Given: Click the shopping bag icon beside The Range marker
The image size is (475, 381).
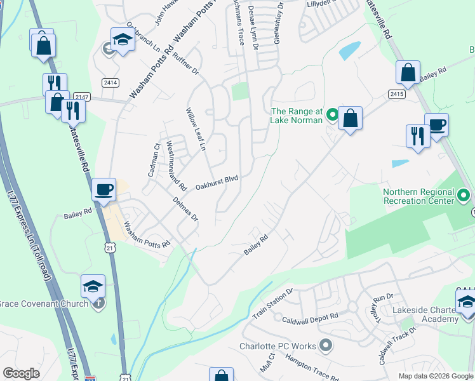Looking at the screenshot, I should pyautogui.click(x=350, y=118).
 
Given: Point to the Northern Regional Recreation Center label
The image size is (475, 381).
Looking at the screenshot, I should pyautogui.click(x=419, y=196).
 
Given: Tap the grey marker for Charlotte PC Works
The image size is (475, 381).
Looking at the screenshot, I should pyautogui.click(x=326, y=346).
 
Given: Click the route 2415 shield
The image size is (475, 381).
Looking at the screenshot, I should pyautogui.click(x=398, y=94).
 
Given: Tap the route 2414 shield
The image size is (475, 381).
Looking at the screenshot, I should pyautogui.click(x=111, y=83).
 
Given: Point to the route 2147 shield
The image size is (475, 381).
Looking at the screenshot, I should pyautogui.click(x=82, y=96).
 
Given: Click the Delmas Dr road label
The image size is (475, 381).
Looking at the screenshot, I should pyautogui.click(x=185, y=209).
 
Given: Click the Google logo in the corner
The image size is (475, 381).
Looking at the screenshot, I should pyautogui.click(x=21, y=373).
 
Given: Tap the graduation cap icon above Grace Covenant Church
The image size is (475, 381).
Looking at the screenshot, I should pyautogui.click(x=93, y=287).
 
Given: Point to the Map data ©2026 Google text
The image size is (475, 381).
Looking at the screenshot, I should pyautogui.click(x=435, y=376).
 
